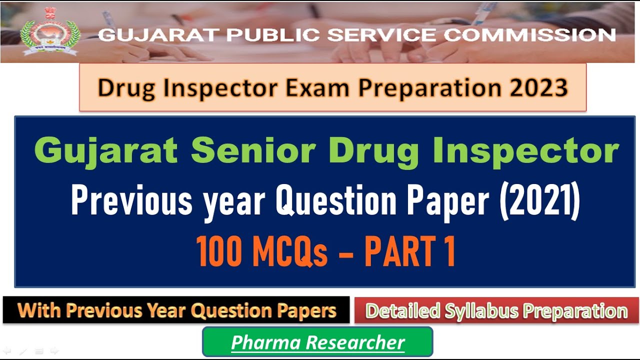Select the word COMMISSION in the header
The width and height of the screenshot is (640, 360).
point(529,35)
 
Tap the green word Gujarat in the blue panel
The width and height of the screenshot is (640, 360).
point(105,150)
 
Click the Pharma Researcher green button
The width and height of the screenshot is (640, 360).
point(317,342)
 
